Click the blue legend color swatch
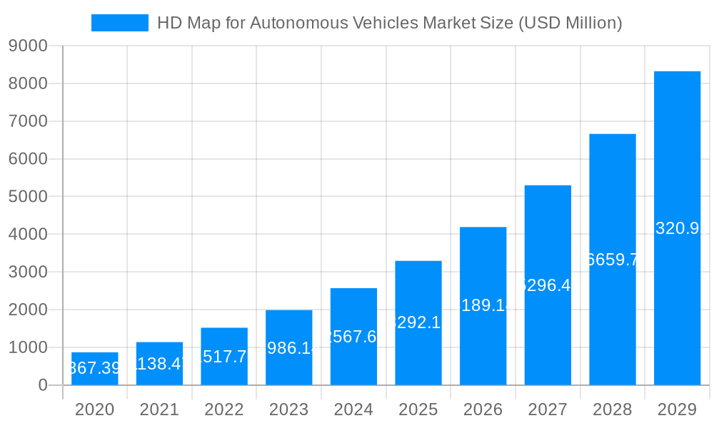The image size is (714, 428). click(x=119, y=23)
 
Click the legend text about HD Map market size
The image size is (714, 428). click(x=389, y=23)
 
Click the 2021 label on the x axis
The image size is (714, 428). click(x=159, y=409)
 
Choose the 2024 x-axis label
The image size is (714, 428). click(x=353, y=409)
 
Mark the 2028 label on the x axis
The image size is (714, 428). click(x=612, y=409)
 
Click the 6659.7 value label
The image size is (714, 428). click(x=612, y=260)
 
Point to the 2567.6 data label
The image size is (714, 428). click(x=353, y=337)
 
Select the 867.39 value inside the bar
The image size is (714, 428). click(x=95, y=368)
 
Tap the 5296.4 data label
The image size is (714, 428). click(x=548, y=285)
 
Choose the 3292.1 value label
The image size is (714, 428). click(x=418, y=322)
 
